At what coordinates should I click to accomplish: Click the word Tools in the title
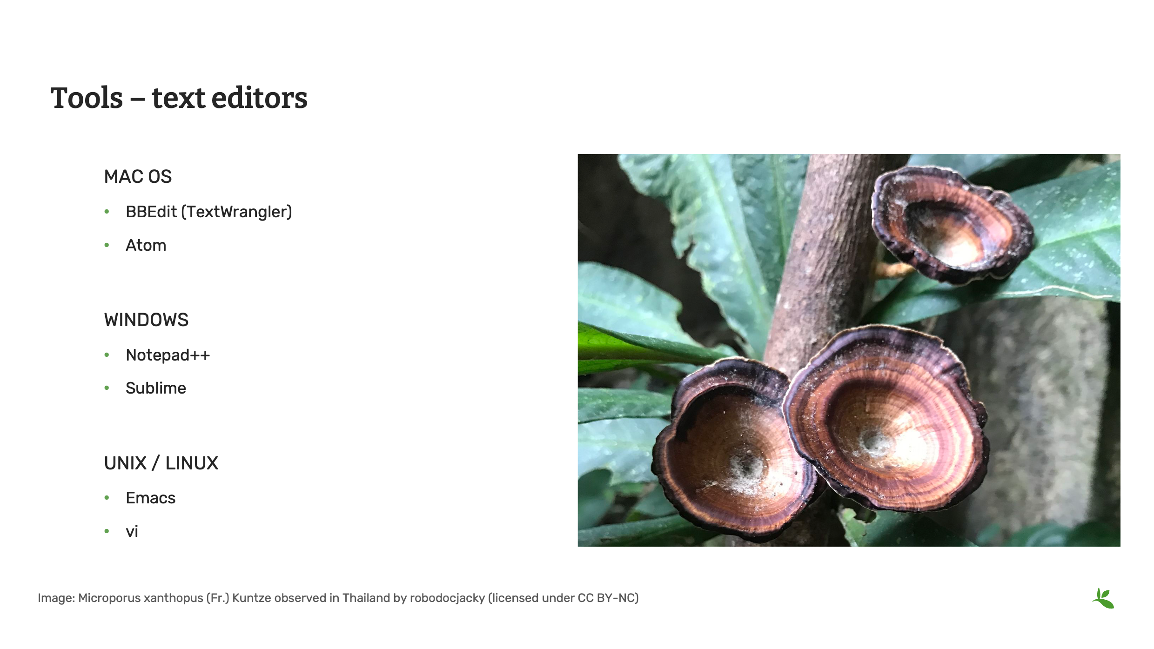(x=87, y=98)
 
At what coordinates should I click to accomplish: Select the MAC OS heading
(x=138, y=177)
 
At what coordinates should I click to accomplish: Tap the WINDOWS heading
(x=146, y=320)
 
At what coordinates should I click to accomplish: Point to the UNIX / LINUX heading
(x=161, y=463)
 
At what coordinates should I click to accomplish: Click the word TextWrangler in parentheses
(x=236, y=212)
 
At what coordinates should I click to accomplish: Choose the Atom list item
(x=146, y=245)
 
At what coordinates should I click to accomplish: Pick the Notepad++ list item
(x=168, y=355)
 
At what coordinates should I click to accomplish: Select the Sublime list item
(x=155, y=388)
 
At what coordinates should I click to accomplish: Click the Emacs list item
(x=150, y=498)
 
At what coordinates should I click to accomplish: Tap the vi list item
(x=132, y=531)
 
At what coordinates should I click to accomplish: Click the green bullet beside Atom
(x=107, y=245)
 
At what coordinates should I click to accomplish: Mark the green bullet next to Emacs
(x=107, y=498)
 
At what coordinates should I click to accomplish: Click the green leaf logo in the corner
(x=1103, y=598)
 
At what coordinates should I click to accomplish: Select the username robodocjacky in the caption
(x=447, y=598)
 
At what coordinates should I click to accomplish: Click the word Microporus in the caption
(x=109, y=598)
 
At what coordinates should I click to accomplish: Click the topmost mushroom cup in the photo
(x=949, y=226)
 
